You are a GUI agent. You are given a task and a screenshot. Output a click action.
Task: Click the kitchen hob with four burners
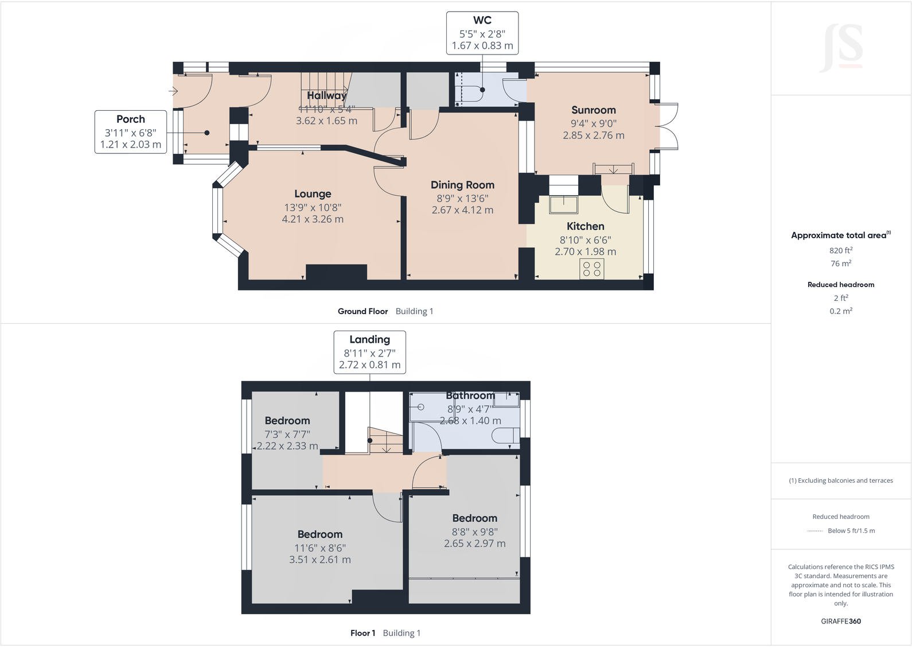coord(592,269)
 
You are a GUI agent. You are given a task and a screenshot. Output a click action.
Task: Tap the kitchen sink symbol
coord(563,205)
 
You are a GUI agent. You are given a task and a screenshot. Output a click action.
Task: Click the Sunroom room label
coord(593,110)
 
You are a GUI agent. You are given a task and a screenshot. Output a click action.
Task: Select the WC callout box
coord(482,33)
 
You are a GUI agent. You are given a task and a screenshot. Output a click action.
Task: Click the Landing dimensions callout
coord(369,352)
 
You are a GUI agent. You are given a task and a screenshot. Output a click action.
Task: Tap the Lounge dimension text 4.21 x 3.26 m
coord(313,219)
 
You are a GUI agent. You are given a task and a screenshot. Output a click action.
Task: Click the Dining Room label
coord(462,185)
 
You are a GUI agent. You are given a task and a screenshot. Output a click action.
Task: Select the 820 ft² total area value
coord(840,250)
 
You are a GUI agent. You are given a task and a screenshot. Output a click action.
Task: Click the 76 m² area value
coord(840,264)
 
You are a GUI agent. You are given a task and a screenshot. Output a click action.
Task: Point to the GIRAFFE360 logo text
coord(840,621)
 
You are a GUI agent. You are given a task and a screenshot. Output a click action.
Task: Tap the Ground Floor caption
coord(363,311)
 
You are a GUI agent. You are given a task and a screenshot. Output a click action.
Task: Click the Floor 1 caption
coord(363,633)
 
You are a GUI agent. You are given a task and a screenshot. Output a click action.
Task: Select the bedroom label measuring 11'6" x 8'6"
coord(319,534)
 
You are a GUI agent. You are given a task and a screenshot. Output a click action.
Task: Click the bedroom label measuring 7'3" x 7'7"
coord(287,421)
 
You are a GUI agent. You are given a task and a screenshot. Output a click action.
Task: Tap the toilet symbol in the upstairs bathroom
coord(505,436)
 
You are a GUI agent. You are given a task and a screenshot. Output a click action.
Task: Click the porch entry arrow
coord(173,91)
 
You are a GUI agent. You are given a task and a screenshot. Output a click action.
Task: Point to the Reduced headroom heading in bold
coord(840,285)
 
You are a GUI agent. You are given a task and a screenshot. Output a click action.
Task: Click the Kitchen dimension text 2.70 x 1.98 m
coord(585,251)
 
